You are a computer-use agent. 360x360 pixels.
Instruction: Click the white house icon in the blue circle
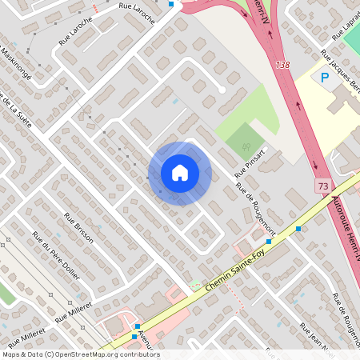[x=179, y=173]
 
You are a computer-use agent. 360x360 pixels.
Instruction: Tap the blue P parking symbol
[x=324, y=78]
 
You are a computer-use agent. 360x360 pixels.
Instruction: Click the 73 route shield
[x=322, y=185]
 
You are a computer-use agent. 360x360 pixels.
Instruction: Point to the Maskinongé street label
[x=16, y=63]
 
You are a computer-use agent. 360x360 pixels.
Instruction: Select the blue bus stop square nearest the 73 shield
[x=298, y=229]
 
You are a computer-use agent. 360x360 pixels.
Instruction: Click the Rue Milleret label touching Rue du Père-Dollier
[x=74, y=311]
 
